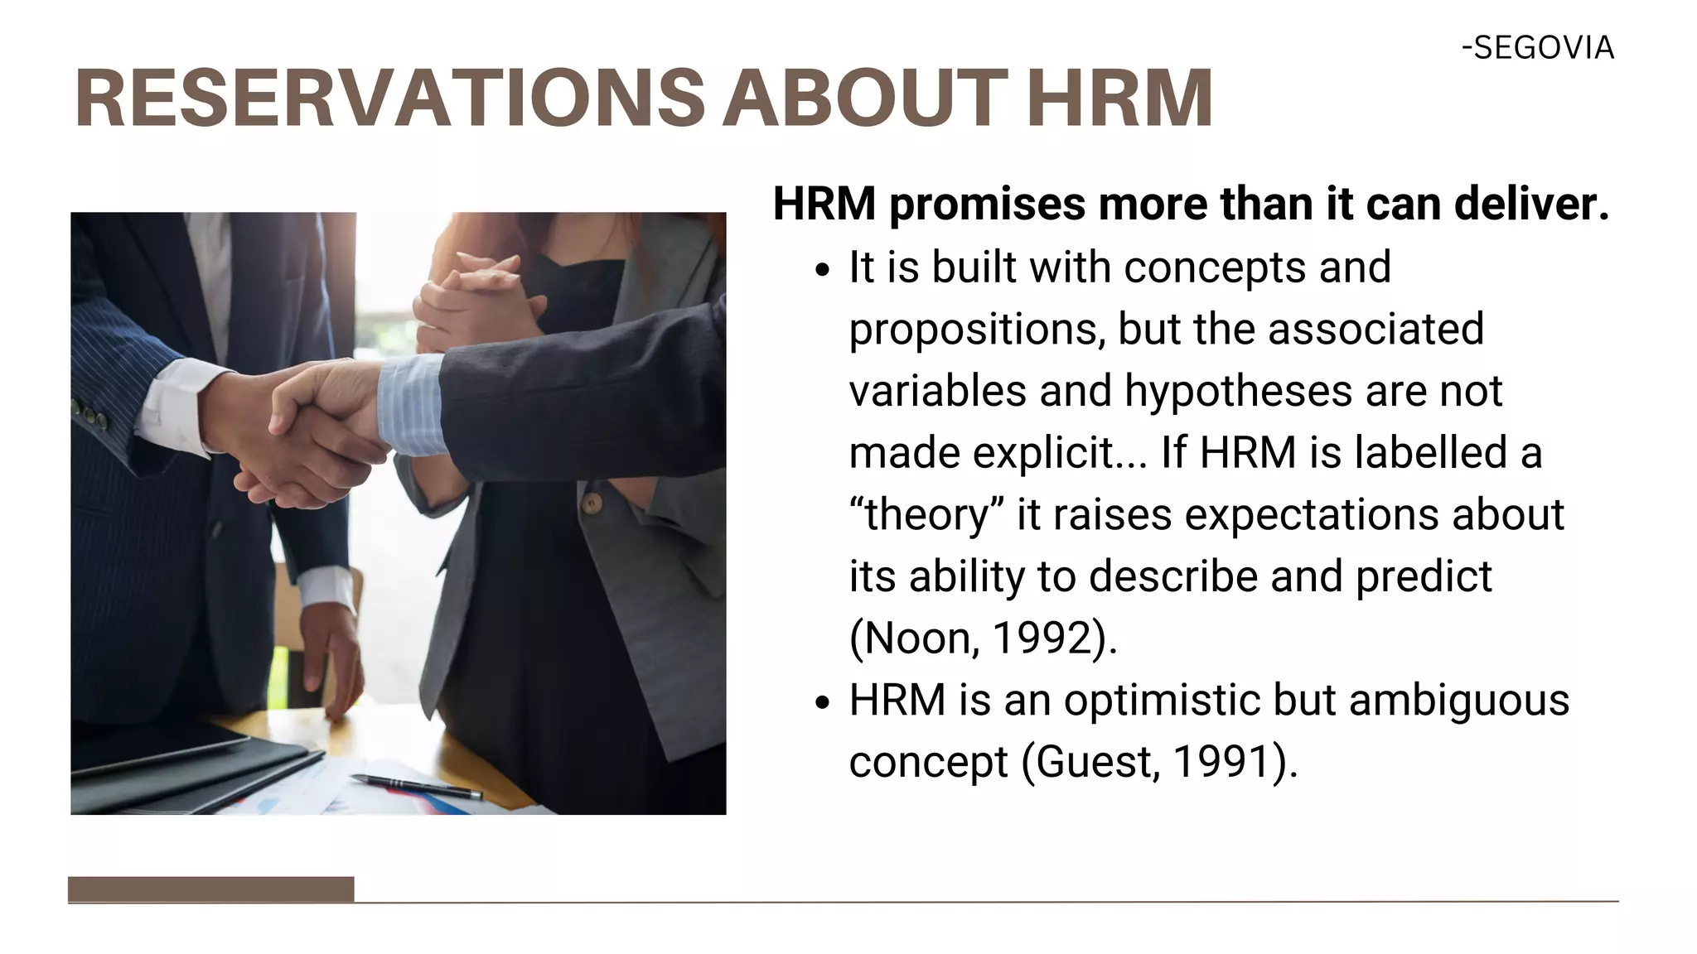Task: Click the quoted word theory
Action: [926, 515]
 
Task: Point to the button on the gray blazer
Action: [591, 503]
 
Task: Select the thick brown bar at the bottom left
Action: [210, 889]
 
